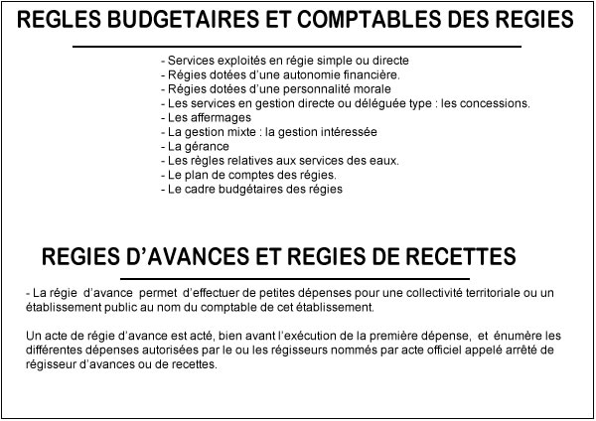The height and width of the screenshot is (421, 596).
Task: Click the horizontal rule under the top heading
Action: tap(297, 46)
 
